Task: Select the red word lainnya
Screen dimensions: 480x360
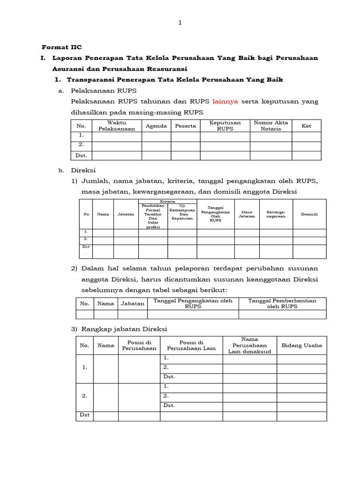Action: [x=225, y=101]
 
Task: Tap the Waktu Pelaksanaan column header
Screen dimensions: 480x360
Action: [x=117, y=126]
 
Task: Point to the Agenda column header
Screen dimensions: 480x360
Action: [x=156, y=126]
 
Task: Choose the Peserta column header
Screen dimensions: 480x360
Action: [x=185, y=126]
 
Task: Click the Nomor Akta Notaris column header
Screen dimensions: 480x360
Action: [x=270, y=126]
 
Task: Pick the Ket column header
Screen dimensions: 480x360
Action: [x=306, y=126]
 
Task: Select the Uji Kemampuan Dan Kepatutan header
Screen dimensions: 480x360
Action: [x=182, y=212]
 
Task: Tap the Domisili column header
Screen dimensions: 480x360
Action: [x=309, y=214]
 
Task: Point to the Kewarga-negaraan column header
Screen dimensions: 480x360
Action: [x=276, y=214]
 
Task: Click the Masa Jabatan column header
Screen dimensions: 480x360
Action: [x=247, y=214]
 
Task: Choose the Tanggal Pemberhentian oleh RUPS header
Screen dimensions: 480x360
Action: [x=282, y=303]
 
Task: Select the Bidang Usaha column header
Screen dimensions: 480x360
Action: [x=301, y=345]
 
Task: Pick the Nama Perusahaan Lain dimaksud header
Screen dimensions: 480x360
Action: [x=249, y=345]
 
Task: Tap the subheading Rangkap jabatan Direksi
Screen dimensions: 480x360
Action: [x=124, y=329]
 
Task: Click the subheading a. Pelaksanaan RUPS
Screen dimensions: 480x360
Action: [x=103, y=90]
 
